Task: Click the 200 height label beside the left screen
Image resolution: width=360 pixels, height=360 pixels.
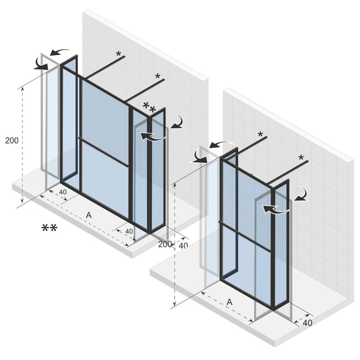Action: tap(11, 140)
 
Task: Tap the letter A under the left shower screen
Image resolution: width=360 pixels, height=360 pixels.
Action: tap(88, 215)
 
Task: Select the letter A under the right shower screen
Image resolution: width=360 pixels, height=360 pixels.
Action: tap(229, 302)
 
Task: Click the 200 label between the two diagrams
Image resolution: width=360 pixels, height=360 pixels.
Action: tap(165, 244)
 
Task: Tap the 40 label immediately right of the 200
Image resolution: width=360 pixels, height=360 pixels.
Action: tap(183, 246)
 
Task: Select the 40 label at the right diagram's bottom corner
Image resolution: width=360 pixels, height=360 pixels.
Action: tap(307, 323)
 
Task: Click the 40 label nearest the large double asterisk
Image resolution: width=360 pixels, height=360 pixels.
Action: tap(63, 192)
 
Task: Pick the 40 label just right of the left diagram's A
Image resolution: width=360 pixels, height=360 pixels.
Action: tap(129, 231)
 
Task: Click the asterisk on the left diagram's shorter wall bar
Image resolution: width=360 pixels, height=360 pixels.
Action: tap(119, 54)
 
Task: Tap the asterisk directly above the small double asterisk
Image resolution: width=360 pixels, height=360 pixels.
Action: tap(158, 77)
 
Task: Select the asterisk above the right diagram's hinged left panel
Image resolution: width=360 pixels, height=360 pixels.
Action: tap(260, 135)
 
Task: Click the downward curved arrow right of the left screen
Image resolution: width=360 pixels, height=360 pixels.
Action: tap(178, 122)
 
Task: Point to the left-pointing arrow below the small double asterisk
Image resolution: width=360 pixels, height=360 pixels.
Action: tap(153, 136)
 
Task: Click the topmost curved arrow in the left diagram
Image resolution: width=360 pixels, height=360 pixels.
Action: tap(60, 51)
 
